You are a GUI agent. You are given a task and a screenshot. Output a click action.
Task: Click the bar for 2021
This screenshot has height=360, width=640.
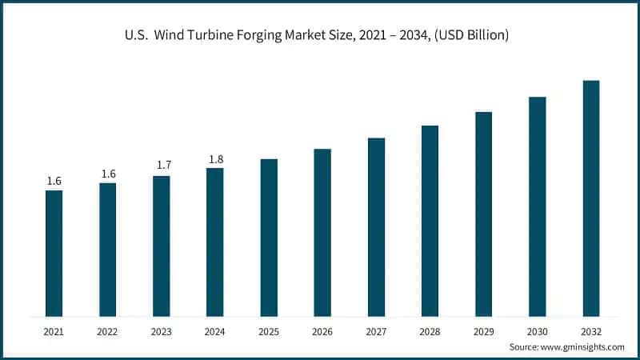(54, 253)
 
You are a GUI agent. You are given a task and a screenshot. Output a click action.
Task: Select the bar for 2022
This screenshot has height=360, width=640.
(107, 249)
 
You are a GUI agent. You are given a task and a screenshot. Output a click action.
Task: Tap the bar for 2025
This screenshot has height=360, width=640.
(269, 237)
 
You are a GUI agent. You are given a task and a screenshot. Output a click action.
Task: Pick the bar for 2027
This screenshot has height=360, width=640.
(376, 226)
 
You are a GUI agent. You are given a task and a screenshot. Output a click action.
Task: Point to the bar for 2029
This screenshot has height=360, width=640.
(483, 214)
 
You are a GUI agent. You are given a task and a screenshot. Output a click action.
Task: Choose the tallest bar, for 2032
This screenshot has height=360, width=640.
(591, 198)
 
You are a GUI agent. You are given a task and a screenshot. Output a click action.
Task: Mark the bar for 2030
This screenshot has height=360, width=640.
(538, 206)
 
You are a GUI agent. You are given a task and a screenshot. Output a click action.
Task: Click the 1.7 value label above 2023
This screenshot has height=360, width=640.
(162, 165)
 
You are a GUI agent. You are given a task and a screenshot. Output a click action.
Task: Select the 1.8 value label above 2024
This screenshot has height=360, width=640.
(215, 159)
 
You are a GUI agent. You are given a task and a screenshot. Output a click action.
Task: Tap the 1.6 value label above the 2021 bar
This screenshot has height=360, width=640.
(54, 181)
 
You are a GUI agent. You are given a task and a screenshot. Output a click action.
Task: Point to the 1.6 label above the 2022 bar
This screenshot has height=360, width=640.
(107, 174)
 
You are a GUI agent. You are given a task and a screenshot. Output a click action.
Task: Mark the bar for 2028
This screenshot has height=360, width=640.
(430, 220)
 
